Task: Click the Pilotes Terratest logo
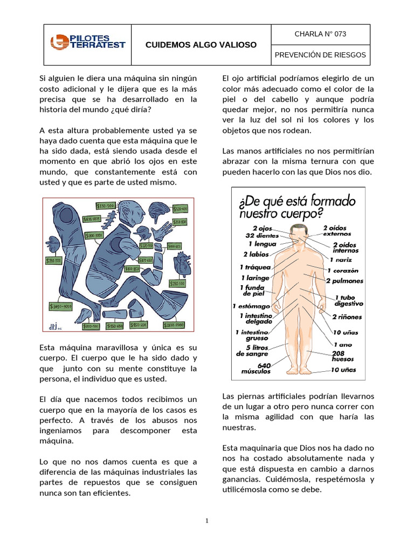click(87, 42)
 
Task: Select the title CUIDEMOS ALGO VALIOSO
click(201, 45)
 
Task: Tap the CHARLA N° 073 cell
click(320, 34)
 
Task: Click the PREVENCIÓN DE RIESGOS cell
click(320, 55)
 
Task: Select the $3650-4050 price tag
click(60, 306)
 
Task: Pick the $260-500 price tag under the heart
click(178, 283)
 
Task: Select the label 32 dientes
click(261, 236)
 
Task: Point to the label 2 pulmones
click(344, 281)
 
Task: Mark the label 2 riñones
click(347, 317)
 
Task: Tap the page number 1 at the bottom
click(206, 521)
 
